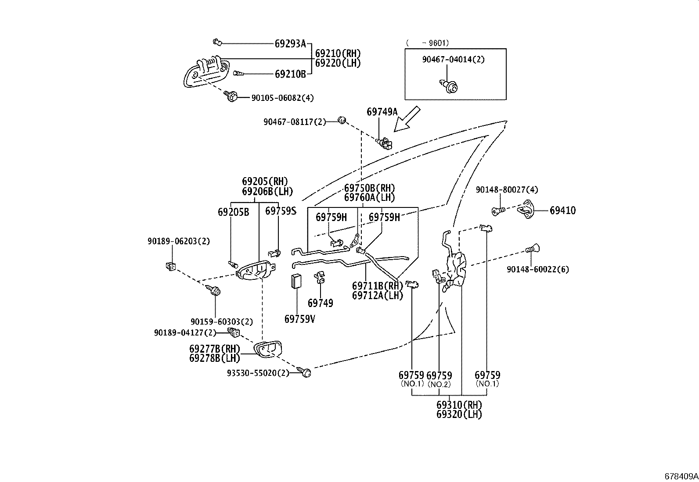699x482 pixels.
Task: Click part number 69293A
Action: click(290, 43)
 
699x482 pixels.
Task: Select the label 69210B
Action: click(290, 74)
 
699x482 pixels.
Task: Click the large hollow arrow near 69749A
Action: click(407, 119)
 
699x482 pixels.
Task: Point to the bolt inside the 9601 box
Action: click(449, 86)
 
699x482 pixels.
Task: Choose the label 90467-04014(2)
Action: click(453, 59)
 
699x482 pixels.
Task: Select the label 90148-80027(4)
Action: click(507, 190)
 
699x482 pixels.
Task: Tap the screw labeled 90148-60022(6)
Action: click(532, 250)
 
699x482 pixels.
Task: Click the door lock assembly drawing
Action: click(455, 270)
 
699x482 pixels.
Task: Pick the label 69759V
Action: click(299, 319)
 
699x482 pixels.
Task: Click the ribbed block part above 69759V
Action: click(296, 281)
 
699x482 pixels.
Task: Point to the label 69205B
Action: click(233, 212)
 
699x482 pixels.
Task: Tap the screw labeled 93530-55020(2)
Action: click(306, 372)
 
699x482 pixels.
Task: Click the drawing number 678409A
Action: click(681, 476)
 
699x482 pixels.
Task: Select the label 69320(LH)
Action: click(459, 414)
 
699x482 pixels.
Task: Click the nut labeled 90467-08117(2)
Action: click(343, 119)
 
